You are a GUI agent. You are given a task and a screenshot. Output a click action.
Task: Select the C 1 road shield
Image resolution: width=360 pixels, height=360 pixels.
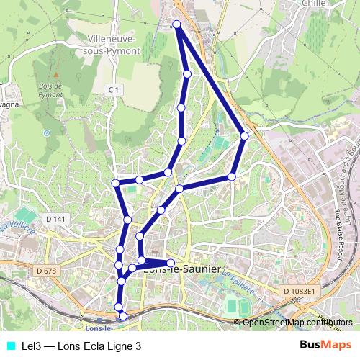(x=113, y=89)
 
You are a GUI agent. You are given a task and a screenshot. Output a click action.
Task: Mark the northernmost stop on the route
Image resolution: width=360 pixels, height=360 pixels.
(x=176, y=25)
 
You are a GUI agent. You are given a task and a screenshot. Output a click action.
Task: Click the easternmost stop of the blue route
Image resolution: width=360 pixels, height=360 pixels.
(x=245, y=135)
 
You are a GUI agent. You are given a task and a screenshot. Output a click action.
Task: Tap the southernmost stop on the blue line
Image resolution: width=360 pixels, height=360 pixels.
(x=123, y=315)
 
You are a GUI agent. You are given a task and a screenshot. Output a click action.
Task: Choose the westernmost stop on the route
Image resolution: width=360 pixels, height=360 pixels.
(x=115, y=183)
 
